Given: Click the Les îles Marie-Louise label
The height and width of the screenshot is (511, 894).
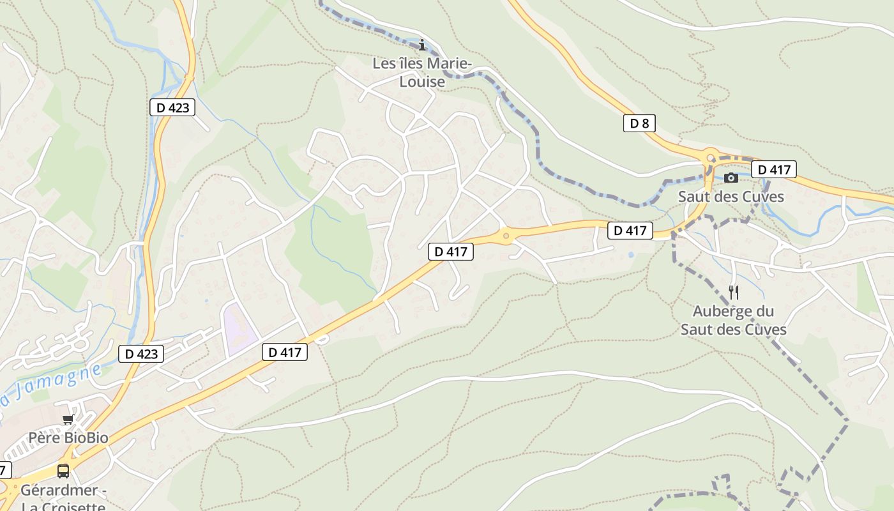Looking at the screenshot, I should point(422,73).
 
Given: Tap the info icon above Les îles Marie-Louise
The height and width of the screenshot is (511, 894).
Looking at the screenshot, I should point(421,45).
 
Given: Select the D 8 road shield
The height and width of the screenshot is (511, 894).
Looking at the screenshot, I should point(639,123).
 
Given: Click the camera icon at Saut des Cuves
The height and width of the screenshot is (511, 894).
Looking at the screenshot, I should point(731,178).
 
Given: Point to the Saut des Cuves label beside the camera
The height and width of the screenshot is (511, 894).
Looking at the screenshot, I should point(731,196).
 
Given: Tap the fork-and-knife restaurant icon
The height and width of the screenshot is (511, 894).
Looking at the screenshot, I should point(734,293).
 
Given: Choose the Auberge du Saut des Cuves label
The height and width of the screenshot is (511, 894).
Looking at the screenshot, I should point(733,320).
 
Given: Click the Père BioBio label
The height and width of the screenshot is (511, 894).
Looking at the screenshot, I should point(68,438).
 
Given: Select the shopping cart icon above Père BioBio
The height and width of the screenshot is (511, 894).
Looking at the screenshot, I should point(68,420).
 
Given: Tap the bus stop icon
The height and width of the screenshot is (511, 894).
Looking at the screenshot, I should point(63,471).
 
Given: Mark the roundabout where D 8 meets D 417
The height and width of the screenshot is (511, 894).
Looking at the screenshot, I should point(710,157).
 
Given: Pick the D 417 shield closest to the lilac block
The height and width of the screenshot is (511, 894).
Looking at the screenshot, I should point(285,352).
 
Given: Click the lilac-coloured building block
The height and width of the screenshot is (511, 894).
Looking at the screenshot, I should point(238,328).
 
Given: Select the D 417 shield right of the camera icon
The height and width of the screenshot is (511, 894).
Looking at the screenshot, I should point(774,170).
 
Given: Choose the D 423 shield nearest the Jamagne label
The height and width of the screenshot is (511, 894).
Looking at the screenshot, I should point(141,353).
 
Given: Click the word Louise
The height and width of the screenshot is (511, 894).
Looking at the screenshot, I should point(422,82).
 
